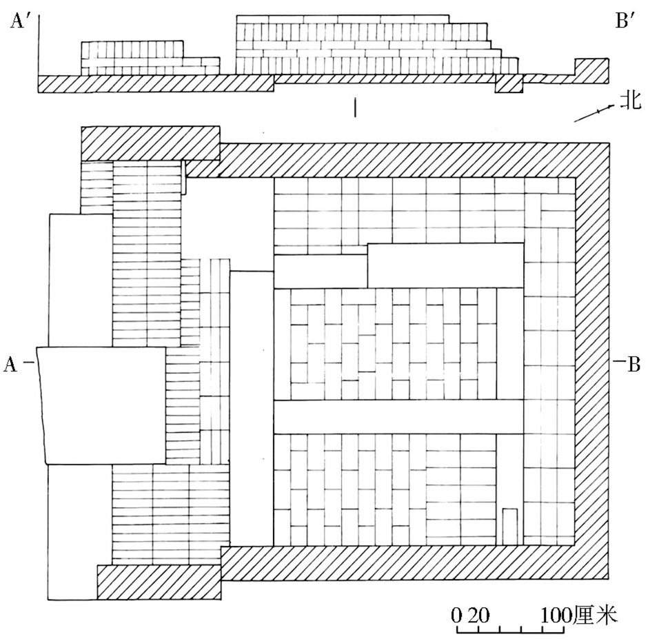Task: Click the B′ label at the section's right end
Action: [627, 21]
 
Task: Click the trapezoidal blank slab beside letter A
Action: [102, 405]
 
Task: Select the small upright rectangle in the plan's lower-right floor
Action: [509, 525]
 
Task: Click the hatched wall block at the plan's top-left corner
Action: [150, 143]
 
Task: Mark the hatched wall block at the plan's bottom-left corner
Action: [159, 582]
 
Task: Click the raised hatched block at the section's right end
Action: [591, 70]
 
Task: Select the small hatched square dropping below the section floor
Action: [510, 84]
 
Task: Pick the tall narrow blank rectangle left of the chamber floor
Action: [251, 407]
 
